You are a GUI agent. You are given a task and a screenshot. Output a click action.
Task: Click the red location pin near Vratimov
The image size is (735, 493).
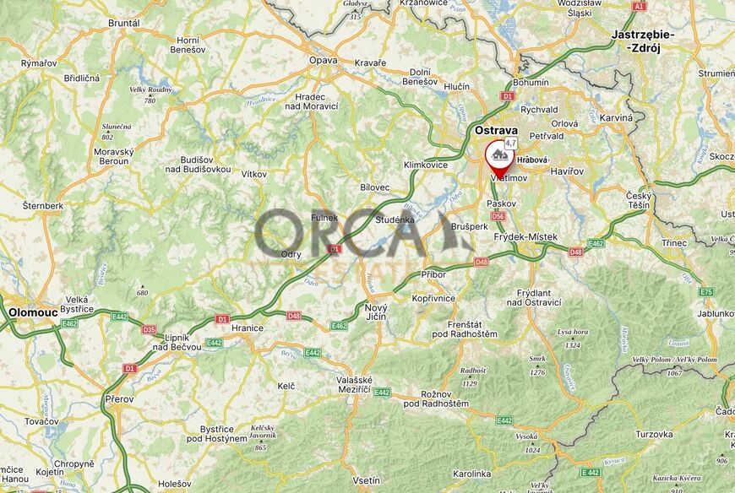497,159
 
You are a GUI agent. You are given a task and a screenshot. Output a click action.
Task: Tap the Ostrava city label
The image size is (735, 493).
496,130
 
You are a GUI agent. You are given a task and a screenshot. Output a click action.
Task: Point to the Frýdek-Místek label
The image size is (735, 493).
525,237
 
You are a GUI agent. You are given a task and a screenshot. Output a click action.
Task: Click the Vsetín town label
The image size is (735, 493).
366,480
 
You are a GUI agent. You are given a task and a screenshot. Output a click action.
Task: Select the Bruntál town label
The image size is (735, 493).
123,23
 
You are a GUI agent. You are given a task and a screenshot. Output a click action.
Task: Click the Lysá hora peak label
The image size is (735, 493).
573,333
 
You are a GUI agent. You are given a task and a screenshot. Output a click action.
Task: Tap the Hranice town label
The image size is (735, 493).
248,328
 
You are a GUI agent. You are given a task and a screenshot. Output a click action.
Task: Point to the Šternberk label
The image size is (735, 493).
43,205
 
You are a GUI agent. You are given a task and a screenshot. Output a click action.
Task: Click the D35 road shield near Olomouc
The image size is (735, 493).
150,329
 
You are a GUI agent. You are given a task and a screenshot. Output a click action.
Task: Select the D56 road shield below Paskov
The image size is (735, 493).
498,216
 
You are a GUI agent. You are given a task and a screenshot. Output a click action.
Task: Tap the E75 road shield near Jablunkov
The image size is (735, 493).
706,291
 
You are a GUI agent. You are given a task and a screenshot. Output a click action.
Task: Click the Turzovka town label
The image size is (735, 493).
655,434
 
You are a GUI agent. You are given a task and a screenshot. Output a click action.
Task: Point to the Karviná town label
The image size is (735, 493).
616,117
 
